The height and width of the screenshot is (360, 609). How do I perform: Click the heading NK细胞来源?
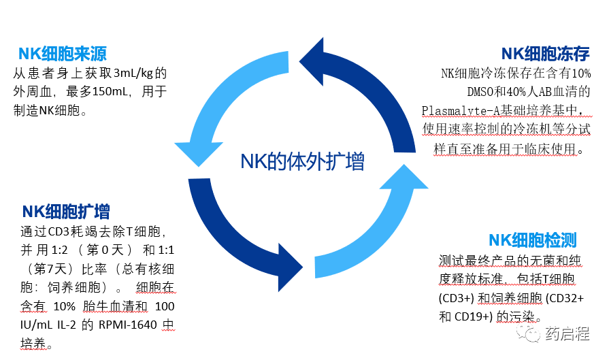(x=62, y=54)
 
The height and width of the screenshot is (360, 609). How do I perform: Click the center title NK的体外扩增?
(x=302, y=161)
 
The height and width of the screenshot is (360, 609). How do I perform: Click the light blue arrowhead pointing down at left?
(x=198, y=153)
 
